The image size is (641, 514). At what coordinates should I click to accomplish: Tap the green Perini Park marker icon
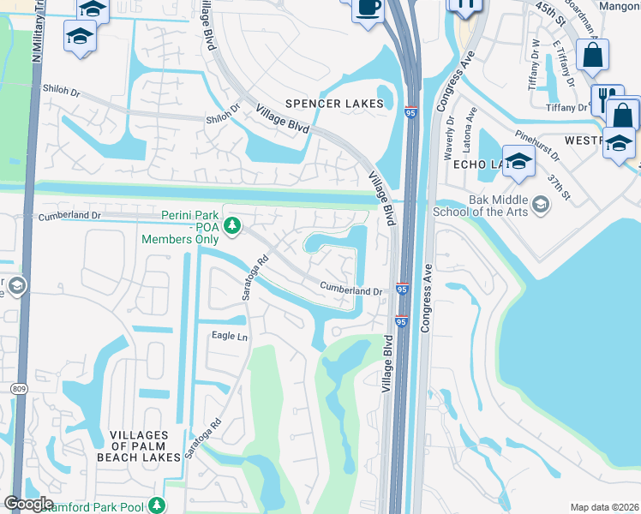click(x=231, y=226)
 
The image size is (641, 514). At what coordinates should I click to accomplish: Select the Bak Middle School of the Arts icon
click(x=541, y=204)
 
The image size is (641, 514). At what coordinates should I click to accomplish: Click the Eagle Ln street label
click(x=230, y=337)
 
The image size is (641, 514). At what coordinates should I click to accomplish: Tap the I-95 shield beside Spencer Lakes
click(x=411, y=112)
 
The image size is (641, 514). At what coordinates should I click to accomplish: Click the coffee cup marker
click(x=368, y=8)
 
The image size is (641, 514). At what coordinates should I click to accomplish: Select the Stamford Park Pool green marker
click(x=156, y=506)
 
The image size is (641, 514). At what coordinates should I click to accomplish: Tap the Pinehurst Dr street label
click(x=538, y=146)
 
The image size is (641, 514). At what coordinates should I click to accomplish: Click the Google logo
click(x=28, y=504)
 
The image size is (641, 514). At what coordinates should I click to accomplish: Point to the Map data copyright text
click(x=604, y=507)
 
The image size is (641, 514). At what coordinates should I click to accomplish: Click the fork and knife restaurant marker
click(x=606, y=97)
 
